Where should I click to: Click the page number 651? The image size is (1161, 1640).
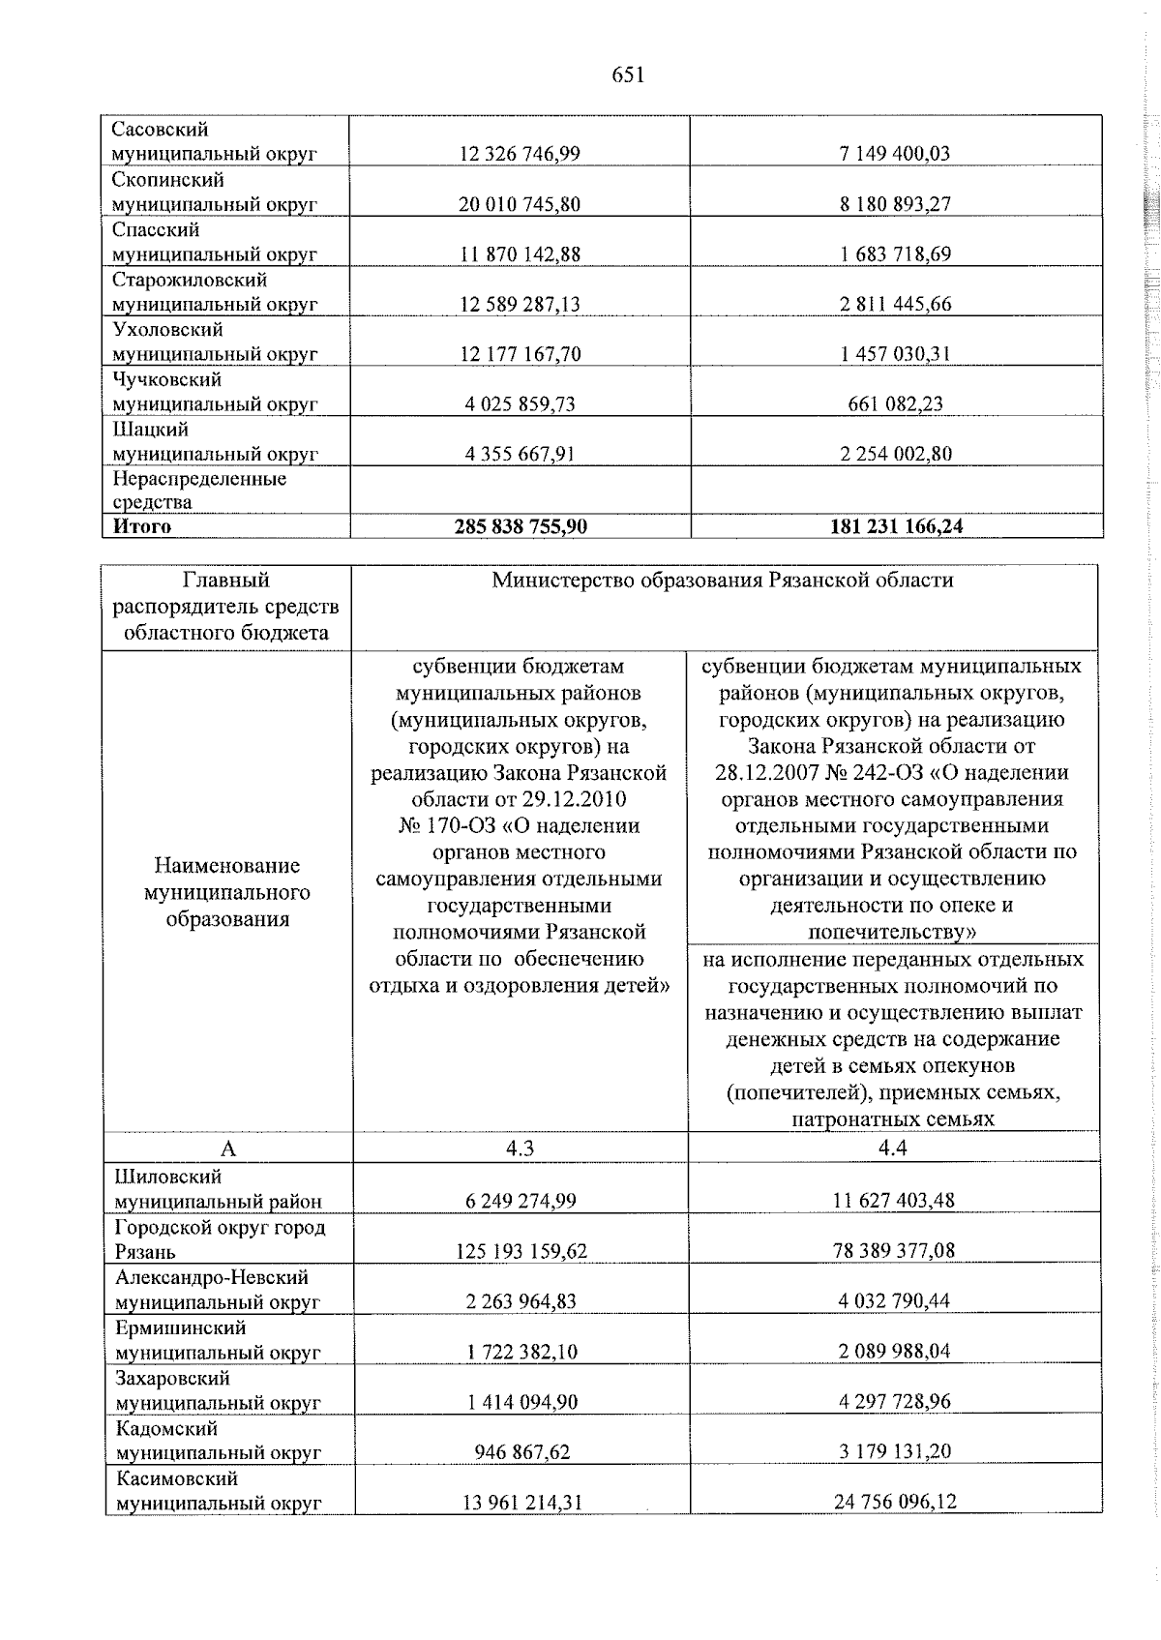628,75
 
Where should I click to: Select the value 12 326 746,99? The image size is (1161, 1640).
520,153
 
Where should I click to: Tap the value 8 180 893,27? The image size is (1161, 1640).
895,203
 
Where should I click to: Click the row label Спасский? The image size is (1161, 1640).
156,230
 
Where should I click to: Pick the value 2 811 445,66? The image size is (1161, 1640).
895,304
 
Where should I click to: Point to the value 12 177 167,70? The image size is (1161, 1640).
520,354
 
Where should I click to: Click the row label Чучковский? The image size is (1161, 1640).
166,380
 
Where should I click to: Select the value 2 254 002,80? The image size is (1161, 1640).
895,454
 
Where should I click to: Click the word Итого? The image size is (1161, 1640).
142,526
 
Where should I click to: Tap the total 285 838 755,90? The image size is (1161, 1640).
521,526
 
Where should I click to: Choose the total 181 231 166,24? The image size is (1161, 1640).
896,526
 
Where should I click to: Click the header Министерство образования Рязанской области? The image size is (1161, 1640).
723,581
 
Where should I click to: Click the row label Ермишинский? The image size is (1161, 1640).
181,1327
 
